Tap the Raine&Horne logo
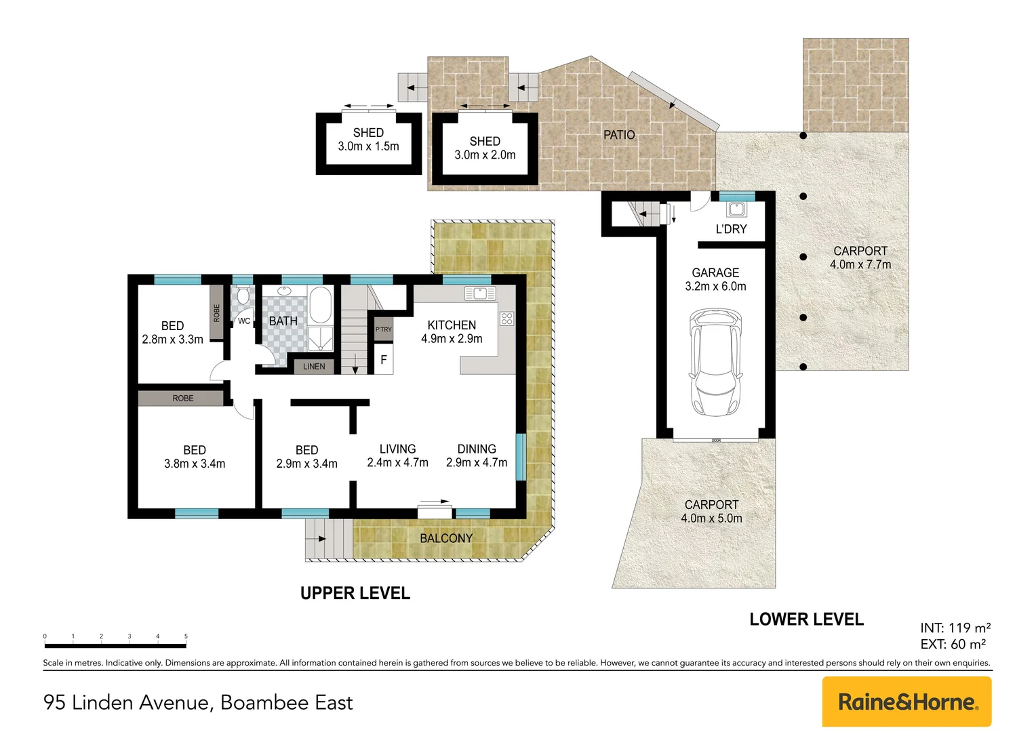coord(907,702)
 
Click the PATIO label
coord(619,135)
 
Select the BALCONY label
coord(445,538)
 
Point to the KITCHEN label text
coord(452,325)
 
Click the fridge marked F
coord(384,360)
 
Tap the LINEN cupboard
coord(313,367)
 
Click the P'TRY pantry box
coord(384,329)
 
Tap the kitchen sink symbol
coord(480,293)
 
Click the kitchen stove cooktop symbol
coord(506,319)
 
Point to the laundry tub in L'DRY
coord(736,209)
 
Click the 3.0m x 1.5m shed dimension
coord(368,146)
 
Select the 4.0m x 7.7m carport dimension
coord(860,265)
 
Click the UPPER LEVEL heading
coord(355,594)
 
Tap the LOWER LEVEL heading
coord(806,619)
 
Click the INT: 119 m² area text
coord(955,628)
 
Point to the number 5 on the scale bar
coord(186,636)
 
